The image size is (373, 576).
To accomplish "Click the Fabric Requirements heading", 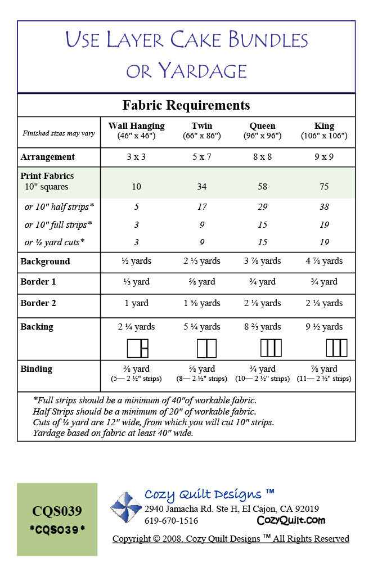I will tap(186, 105).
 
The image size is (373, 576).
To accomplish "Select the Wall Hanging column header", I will tap(136, 126).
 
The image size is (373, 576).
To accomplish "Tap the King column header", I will tap(324, 126).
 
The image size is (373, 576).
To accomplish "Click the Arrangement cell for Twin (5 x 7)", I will tap(201, 157).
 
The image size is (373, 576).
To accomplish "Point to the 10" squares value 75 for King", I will tap(324, 187).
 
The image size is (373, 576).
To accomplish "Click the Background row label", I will tap(45, 262).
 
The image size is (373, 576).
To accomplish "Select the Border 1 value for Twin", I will tap(201, 282).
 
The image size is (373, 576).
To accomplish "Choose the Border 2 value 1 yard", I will tap(136, 303).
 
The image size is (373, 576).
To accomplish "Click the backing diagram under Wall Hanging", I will tap(137, 348).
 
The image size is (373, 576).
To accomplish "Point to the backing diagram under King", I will tap(336, 348).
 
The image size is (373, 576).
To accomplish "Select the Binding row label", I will tap(37, 369).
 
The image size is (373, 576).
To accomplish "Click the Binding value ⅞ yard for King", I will tap(324, 369).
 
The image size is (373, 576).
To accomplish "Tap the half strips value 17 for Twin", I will tap(201, 207).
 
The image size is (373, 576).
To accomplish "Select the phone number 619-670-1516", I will tap(171, 521).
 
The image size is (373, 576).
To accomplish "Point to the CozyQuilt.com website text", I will tap(291, 520).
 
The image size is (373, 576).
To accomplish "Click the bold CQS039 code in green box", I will tap(57, 511).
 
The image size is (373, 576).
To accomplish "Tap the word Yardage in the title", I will tap(203, 71).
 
